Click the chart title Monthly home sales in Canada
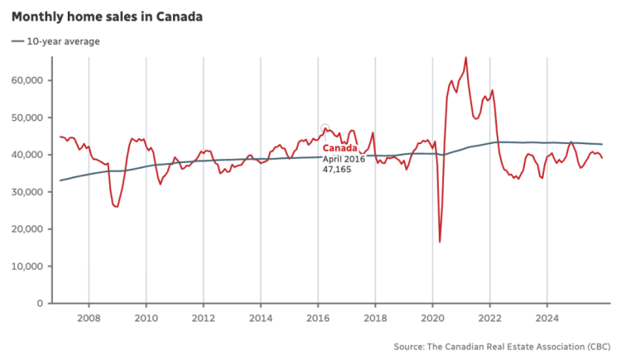pos(108,17)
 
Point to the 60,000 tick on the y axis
pos(30,80)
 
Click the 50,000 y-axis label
pos(30,118)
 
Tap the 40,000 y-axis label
pos(30,155)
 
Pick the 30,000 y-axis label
pos(30,192)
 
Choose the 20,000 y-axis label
pos(30,229)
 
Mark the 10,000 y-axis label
pos(30,266)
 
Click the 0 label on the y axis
pos(41,304)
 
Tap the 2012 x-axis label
pos(204,317)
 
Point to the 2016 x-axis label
pos(318,317)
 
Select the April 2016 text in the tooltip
pos(343,158)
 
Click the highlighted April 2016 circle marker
pos(325,128)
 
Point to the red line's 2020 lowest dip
pos(440,242)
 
